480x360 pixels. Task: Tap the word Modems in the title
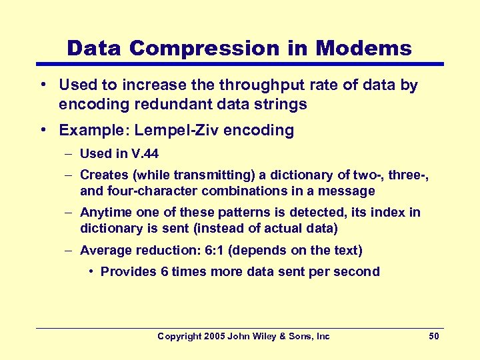(x=363, y=48)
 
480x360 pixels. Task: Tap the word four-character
(x=145, y=191)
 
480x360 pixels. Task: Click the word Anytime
(x=105, y=213)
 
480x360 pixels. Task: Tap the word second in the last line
(x=358, y=271)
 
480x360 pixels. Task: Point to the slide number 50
(x=433, y=337)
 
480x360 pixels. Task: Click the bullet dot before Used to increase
(x=42, y=85)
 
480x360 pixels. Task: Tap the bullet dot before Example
(x=42, y=130)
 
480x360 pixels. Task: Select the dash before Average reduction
(x=69, y=251)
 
